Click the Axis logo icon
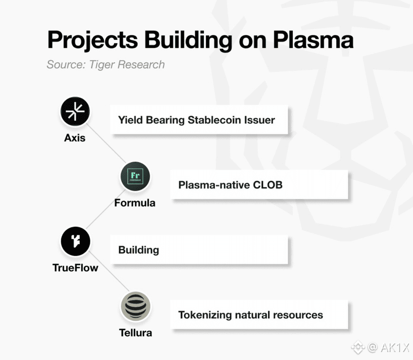pyautogui.click(x=75, y=111)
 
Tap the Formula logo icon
pyautogui.click(x=135, y=176)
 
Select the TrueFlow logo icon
pyautogui.click(x=75, y=241)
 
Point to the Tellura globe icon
pyautogui.click(x=135, y=306)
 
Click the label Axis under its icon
pyautogui.click(x=75, y=138)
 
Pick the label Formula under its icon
pyautogui.click(x=135, y=203)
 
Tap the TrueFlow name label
pyautogui.click(x=75, y=268)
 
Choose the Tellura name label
pyautogui.click(x=135, y=333)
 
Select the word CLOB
pyautogui.click(x=268, y=185)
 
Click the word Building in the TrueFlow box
pyautogui.click(x=139, y=250)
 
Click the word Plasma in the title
pyautogui.click(x=313, y=40)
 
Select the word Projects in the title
pyautogui.click(x=92, y=40)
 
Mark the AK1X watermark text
pyautogui.click(x=395, y=348)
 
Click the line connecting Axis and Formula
pyautogui.click(x=106, y=143)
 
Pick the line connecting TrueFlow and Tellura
pyautogui.click(x=109, y=271)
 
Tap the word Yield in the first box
pyautogui.click(x=130, y=120)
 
